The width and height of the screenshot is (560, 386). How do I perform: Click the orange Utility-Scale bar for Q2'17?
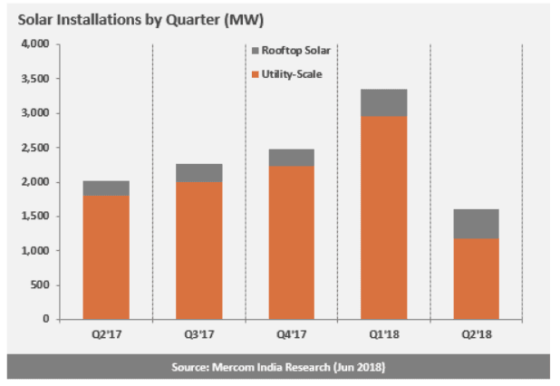[x=106, y=256]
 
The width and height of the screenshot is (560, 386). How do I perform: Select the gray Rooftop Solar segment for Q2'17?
[x=106, y=188]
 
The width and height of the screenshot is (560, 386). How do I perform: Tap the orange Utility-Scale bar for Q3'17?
[x=198, y=250]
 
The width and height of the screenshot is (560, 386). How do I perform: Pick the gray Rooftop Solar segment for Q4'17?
[x=291, y=158]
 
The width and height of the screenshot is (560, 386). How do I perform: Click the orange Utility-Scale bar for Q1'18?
[x=383, y=217]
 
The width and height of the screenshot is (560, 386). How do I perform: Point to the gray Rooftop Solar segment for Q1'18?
[x=383, y=102]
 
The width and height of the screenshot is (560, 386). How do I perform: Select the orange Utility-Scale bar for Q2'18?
[x=476, y=278]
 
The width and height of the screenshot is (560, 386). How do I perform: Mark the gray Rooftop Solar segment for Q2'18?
[x=476, y=224]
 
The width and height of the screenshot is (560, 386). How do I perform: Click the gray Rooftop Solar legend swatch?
[x=255, y=51]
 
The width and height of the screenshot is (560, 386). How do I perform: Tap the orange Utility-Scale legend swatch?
[x=255, y=72]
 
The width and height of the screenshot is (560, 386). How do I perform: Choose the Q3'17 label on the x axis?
[x=198, y=334]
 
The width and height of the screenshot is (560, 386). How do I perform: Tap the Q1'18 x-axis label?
[x=383, y=334]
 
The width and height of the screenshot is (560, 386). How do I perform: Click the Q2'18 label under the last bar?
[x=476, y=334]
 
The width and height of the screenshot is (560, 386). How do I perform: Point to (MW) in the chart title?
[x=230, y=18]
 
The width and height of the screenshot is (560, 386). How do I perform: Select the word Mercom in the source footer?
[x=235, y=366]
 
